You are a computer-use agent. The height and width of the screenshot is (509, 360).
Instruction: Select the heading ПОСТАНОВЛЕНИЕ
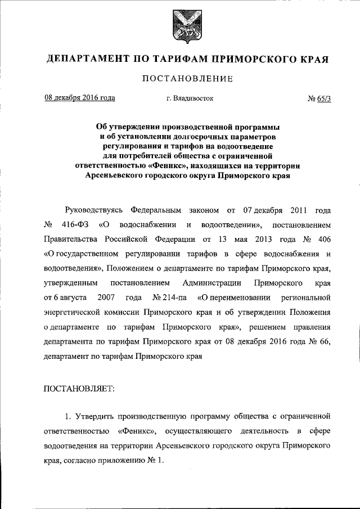pyautogui.click(x=180, y=79)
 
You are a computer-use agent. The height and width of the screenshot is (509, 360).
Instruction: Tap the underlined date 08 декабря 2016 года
pyautogui.click(x=80, y=98)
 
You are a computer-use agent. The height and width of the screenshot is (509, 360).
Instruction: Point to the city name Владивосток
pyautogui.click(x=190, y=99)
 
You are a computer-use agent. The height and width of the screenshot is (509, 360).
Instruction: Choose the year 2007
pyautogui.click(x=107, y=296)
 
